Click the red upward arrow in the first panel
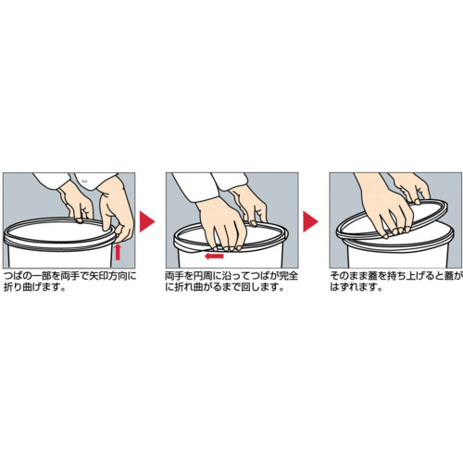(x=118, y=252)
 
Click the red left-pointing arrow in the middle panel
(x=214, y=256)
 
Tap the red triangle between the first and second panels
(x=147, y=221)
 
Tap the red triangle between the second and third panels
(x=310, y=221)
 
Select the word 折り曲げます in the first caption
(x=31, y=287)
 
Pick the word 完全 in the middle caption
(x=289, y=275)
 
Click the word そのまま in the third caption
(x=347, y=275)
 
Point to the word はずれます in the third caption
(x=352, y=287)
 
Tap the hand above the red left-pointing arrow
(x=220, y=224)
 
